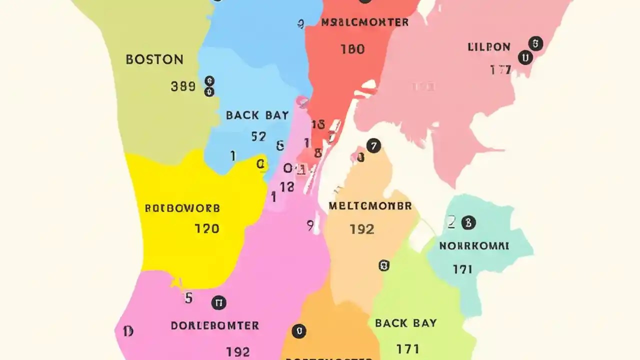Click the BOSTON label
(x=154, y=59)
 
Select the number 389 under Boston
(x=183, y=86)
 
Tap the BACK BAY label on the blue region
(x=257, y=115)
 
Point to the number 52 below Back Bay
(x=258, y=136)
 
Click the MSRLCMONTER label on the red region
(x=364, y=22)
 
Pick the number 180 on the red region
(x=352, y=49)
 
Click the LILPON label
(x=489, y=47)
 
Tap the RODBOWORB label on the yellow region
(x=182, y=208)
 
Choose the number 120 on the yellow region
(x=206, y=229)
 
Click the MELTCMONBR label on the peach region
(x=370, y=206)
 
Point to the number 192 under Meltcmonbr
(x=361, y=229)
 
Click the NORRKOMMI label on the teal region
(x=474, y=246)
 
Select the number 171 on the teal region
(x=462, y=269)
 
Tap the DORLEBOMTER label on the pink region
(x=215, y=326)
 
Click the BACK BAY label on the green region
(x=405, y=323)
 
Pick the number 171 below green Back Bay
(x=407, y=348)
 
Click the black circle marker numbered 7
(x=373, y=146)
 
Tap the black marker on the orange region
(x=298, y=331)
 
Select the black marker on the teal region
(x=468, y=223)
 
